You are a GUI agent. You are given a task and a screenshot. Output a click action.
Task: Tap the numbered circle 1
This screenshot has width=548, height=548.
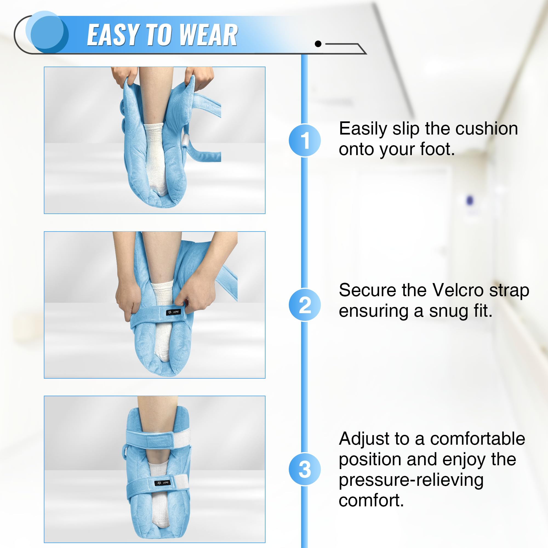click(x=305, y=140)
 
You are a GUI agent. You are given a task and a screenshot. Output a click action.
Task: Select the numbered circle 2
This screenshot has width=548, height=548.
click(x=305, y=305)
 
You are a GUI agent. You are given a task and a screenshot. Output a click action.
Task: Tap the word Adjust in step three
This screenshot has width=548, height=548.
click(x=362, y=439)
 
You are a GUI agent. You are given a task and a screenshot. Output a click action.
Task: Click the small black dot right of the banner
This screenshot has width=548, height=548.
click(x=318, y=44)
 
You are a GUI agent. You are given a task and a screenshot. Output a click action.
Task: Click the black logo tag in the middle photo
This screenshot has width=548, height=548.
click(x=173, y=312)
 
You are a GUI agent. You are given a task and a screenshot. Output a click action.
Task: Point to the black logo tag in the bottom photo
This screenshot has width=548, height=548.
click(x=162, y=483)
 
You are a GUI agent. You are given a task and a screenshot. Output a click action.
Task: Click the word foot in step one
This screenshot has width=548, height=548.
click(x=437, y=149)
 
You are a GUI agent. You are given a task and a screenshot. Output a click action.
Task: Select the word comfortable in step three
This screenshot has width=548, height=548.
click(x=477, y=439)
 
